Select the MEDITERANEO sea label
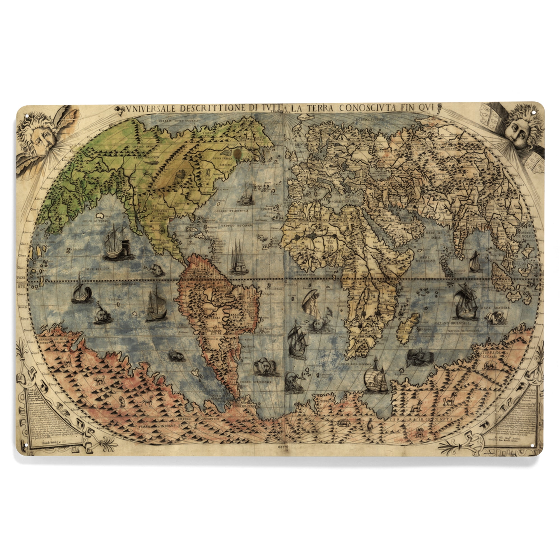(347, 200)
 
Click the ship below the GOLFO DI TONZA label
(117, 243)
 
